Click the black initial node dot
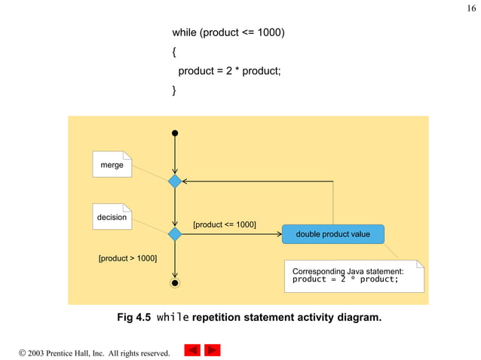click(x=175, y=133)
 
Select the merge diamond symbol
click(x=175, y=182)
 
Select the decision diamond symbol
click(x=175, y=234)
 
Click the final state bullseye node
click(x=175, y=283)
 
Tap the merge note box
click(x=112, y=165)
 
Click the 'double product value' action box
click(x=332, y=234)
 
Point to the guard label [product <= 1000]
click(x=225, y=224)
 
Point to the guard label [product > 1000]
click(x=128, y=258)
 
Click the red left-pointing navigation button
click(x=192, y=350)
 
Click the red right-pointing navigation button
click(x=213, y=350)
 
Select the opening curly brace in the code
click(x=174, y=53)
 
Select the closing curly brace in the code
click(x=174, y=90)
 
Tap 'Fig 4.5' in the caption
click(x=133, y=318)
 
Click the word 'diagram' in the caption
click(x=357, y=318)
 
